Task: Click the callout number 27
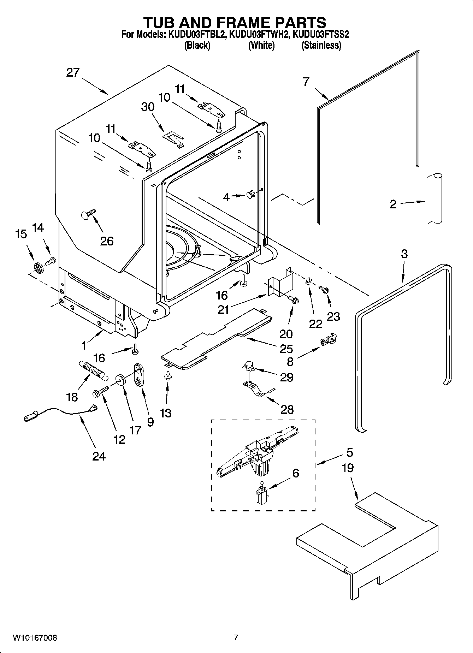tap(73, 73)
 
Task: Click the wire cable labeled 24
tap(60, 411)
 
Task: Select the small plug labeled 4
tap(250, 194)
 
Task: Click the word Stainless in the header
tap(321, 45)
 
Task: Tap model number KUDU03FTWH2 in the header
tap(260, 34)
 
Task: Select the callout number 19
tap(348, 468)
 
